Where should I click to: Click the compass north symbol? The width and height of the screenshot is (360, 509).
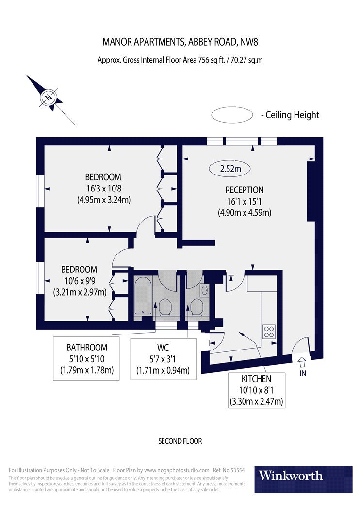pyautogui.click(x=49, y=97)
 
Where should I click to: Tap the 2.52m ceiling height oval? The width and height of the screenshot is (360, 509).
pyautogui.click(x=230, y=169)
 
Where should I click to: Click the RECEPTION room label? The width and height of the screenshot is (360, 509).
pyautogui.click(x=245, y=190)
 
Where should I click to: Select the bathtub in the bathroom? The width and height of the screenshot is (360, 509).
pyautogui.click(x=143, y=295)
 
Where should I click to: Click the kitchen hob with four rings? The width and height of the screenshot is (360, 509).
pyautogui.click(x=269, y=332)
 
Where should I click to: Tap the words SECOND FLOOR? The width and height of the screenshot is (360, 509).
pyautogui.click(x=180, y=441)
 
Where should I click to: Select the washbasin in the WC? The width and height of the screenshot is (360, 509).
pyautogui.click(x=205, y=289)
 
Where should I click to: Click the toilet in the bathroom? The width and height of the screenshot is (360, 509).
pyautogui.click(x=165, y=307)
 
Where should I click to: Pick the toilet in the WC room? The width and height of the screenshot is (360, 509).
pyautogui.click(x=196, y=307)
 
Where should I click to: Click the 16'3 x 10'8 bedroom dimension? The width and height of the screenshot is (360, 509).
pyautogui.click(x=104, y=188)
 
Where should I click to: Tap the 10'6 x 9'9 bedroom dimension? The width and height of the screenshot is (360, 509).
pyautogui.click(x=80, y=281)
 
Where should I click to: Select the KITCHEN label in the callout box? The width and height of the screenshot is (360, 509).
pyautogui.click(x=256, y=379)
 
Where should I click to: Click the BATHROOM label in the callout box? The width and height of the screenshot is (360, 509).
pyautogui.click(x=87, y=348)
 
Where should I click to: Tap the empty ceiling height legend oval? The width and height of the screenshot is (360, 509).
pyautogui.click(x=231, y=115)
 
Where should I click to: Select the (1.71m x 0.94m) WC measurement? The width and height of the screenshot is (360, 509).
pyautogui.click(x=163, y=370)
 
